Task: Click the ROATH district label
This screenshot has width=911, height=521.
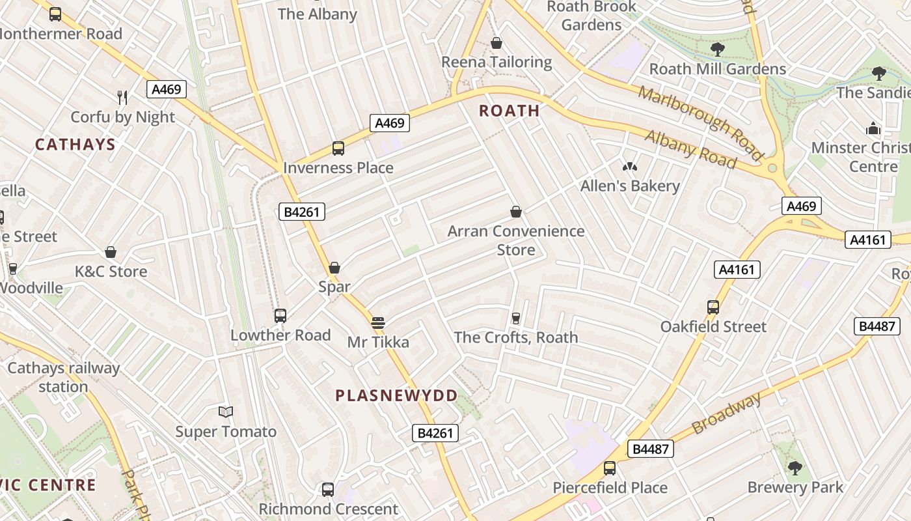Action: [x=510, y=111]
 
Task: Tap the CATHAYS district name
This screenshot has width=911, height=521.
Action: [x=75, y=145]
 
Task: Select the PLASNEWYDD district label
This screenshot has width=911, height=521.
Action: [x=396, y=395]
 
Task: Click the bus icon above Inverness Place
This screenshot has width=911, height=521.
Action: [x=338, y=148]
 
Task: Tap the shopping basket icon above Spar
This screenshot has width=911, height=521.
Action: [x=334, y=268]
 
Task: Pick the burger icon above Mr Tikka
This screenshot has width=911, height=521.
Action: [x=378, y=323]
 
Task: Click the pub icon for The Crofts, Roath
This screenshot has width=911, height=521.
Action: [x=516, y=318]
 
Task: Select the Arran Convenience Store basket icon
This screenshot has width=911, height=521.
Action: [x=516, y=212]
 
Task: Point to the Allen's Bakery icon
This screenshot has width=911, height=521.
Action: [x=629, y=167]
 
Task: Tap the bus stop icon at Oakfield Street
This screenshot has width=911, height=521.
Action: [x=713, y=307]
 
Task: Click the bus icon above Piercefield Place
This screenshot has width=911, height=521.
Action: [x=610, y=468]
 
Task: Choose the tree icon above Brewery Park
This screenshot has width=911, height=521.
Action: [x=795, y=467]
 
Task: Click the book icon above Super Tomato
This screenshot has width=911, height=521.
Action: [x=226, y=412]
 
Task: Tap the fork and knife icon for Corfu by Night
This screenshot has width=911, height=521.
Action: [x=122, y=98]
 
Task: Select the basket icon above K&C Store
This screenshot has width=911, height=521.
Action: [x=111, y=252]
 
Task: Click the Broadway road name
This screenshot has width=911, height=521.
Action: [x=726, y=414]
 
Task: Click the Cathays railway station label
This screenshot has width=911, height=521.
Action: [x=63, y=377]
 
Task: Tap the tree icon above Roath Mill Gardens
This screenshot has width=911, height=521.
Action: [x=718, y=49]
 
